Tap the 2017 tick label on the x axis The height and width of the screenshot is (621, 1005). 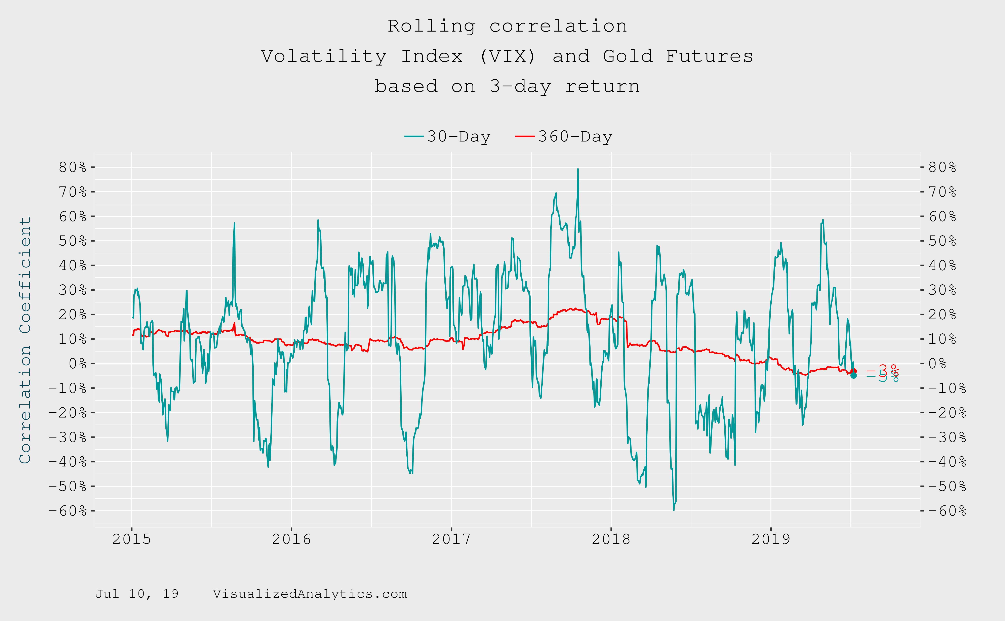coord(451,539)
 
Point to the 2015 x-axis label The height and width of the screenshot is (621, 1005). coord(131,539)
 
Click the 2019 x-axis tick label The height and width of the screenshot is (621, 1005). coord(770,539)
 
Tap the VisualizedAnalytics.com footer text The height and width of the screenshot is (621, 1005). coord(310,594)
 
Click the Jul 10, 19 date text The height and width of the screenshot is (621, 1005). coord(137,594)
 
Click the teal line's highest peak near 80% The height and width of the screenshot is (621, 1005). coord(578,169)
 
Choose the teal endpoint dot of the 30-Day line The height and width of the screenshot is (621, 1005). coord(853,375)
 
